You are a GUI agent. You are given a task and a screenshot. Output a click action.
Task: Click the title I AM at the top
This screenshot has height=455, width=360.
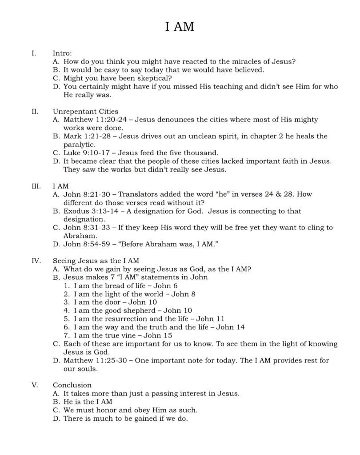[x=180, y=27]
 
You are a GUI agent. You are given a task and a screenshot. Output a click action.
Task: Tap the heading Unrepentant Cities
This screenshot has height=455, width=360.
[x=85, y=111]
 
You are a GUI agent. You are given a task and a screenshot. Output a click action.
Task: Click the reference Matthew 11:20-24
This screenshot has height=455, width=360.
[x=97, y=120]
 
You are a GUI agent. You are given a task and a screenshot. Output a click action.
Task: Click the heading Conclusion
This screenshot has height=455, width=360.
[x=72, y=385]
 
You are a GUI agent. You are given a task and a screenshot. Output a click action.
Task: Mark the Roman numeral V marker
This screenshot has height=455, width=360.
[x=34, y=385]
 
